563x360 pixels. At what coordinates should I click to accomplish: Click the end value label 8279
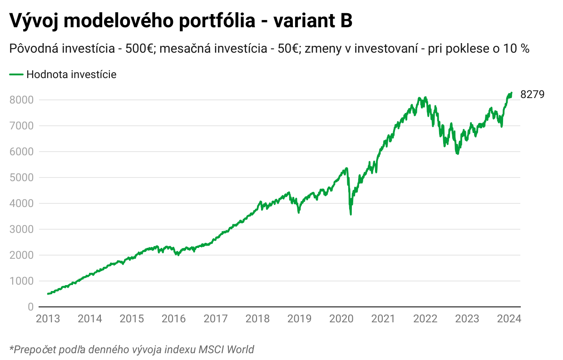coord(532,94)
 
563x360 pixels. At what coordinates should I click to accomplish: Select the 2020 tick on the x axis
coord(341,319)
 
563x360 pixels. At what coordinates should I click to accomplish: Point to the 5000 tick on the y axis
coord(21,178)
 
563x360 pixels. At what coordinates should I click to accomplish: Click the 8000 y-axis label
coord(21,100)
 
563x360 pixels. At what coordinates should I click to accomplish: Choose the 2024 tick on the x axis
coord(509,319)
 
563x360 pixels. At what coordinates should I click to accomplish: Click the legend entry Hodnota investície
coord(71,74)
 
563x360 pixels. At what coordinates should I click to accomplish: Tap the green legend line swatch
coord(16,74)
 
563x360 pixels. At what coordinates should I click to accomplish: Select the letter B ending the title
coord(346,21)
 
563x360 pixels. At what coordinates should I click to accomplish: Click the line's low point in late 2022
coord(457,154)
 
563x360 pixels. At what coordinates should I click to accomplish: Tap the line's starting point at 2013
coord(48,294)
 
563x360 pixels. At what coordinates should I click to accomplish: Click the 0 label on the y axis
coord(30,307)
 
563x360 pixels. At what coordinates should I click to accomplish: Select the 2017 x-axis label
coord(215,319)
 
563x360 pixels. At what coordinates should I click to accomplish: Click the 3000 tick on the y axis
coord(21,229)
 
